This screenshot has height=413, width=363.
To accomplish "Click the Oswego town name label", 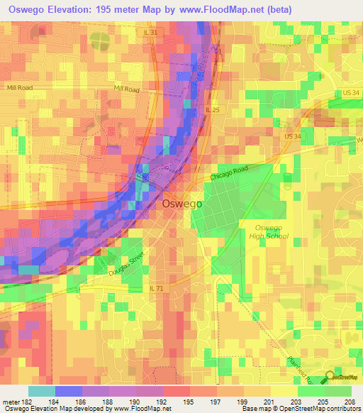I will click(x=182, y=202).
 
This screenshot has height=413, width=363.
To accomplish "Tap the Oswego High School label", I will click(x=267, y=231).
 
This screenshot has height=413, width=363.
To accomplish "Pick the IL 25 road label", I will click(x=213, y=109).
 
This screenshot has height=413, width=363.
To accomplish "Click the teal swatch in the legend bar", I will click(x=41, y=391).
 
